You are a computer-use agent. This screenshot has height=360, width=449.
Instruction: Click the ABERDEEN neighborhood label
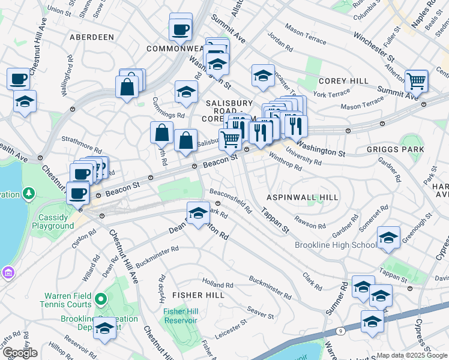[x=92, y=37]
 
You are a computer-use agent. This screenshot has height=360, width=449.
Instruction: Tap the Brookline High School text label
[x=336, y=245]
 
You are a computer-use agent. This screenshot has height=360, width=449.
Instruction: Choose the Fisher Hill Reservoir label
[x=181, y=315]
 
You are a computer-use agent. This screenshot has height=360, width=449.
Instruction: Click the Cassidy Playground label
[x=48, y=221]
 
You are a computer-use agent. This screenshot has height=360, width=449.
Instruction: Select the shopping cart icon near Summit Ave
[x=416, y=81]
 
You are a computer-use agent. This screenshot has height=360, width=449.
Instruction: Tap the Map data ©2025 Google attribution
[x=412, y=355]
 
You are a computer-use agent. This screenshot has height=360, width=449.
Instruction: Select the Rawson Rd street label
[x=310, y=222]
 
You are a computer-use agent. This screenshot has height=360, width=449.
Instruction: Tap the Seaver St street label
[x=261, y=313]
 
